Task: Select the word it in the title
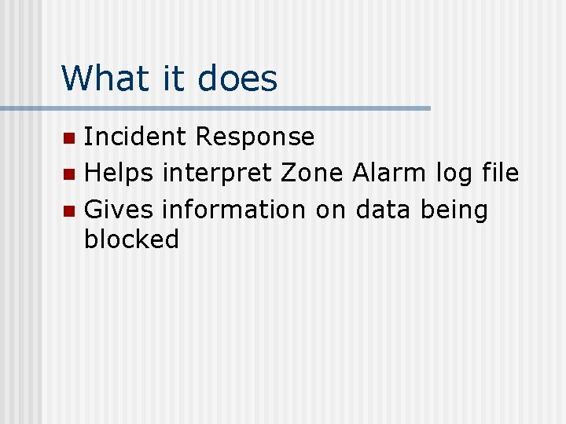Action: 167,79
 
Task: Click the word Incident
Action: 135,137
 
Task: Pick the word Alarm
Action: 389,173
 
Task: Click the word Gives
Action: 119,210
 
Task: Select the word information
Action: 233,210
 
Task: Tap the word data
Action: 384,210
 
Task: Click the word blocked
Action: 131,239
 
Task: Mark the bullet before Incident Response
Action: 69,138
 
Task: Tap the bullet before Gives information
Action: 69,210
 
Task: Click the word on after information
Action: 331,210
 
